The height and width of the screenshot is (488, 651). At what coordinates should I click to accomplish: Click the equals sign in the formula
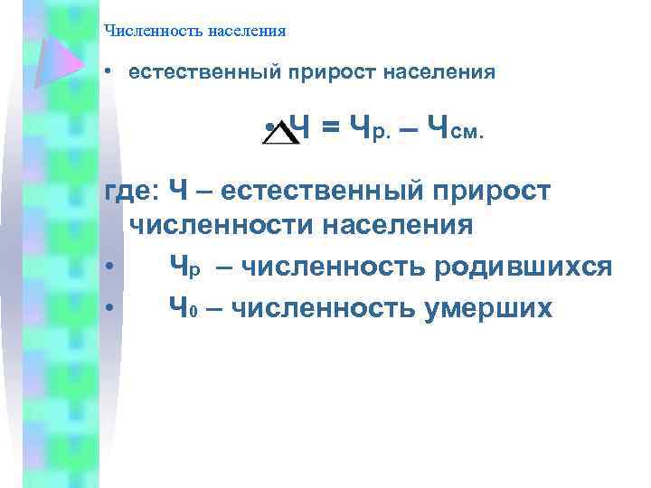click(x=332, y=132)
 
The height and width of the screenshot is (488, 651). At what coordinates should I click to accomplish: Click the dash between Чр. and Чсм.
click(x=408, y=133)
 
